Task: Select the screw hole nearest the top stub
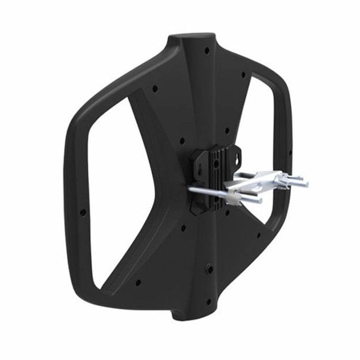pyautogui.click(x=206, y=51)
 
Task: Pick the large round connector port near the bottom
pyautogui.click(x=209, y=269)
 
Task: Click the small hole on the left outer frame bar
pyautogui.click(x=83, y=213)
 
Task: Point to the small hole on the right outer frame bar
pyautogui.click(x=289, y=152)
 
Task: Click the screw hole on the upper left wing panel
pyautogui.click(x=154, y=88)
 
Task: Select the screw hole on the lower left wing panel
pyautogui.click(x=138, y=282)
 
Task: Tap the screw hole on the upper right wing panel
pyautogui.click(x=244, y=74)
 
